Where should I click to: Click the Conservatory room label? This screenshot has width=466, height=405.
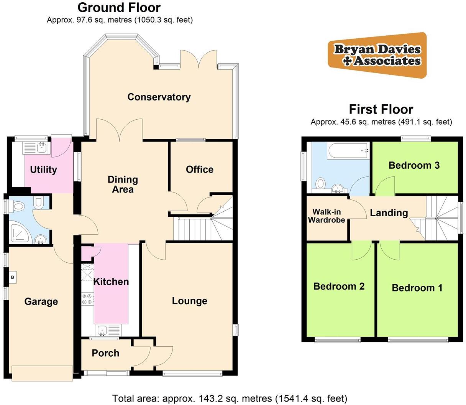[x=159, y=97]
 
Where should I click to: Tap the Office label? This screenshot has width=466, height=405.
[x=199, y=170]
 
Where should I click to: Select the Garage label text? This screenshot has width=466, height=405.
[x=41, y=301]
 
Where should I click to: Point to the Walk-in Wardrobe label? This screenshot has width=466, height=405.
[x=327, y=216]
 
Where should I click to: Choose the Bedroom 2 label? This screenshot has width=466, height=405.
[x=339, y=286]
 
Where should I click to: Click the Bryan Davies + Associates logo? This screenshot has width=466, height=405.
[x=377, y=55]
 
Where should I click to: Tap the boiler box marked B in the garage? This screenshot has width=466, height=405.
[x=13, y=277]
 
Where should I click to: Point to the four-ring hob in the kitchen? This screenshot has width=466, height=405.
[x=87, y=299]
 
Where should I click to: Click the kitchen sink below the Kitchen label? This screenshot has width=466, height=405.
[x=102, y=329]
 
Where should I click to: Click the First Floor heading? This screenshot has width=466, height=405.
[x=381, y=110]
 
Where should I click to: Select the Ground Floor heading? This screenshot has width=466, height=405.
[x=119, y=7]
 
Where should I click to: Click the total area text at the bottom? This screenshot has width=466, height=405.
[x=230, y=398]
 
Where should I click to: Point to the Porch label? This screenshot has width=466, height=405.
[x=105, y=353]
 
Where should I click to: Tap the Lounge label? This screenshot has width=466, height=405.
[x=189, y=301]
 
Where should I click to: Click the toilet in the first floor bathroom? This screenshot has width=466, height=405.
[x=320, y=183]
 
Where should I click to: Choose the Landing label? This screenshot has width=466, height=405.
[x=389, y=213]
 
